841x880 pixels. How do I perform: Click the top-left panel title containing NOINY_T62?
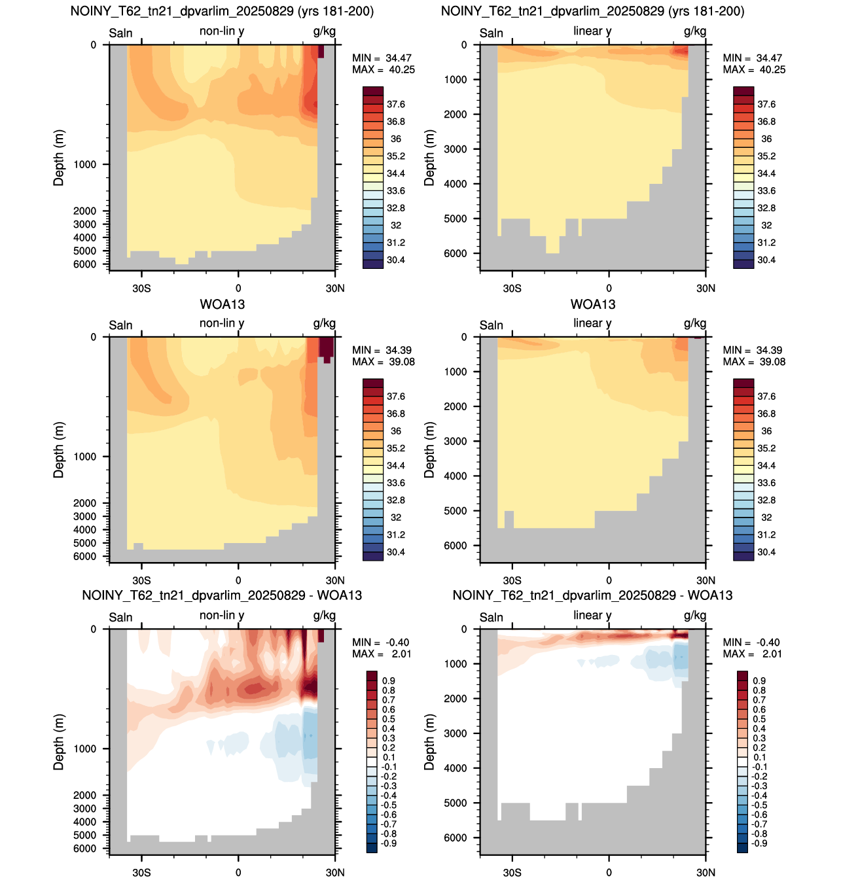(x=222, y=11)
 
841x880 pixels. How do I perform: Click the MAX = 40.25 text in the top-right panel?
(x=754, y=69)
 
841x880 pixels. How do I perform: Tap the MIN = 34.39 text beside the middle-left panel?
(x=382, y=350)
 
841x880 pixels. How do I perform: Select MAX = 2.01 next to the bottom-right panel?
(x=752, y=654)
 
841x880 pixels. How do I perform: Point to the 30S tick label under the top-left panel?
(x=141, y=288)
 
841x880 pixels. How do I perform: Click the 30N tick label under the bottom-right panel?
(x=706, y=872)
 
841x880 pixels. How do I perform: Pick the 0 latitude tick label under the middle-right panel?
(x=609, y=580)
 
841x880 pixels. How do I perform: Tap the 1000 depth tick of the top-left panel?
(x=85, y=164)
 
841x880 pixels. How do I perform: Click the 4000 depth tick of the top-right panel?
(x=455, y=184)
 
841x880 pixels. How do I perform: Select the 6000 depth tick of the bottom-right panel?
(x=455, y=837)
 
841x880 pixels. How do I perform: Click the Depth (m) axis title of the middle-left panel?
(x=59, y=450)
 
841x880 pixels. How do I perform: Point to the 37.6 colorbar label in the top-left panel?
(x=396, y=105)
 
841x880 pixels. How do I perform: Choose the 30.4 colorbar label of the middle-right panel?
(x=766, y=552)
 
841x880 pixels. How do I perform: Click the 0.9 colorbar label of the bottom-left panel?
(x=389, y=680)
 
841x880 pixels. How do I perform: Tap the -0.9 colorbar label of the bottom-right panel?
(x=759, y=843)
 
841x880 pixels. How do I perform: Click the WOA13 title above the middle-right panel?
(x=593, y=304)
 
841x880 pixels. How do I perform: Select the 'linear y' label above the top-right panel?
(x=592, y=31)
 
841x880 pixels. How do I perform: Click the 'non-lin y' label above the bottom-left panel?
(x=222, y=616)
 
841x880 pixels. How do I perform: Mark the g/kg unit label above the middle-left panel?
(x=325, y=323)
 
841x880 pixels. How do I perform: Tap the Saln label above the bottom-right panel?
(x=492, y=617)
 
